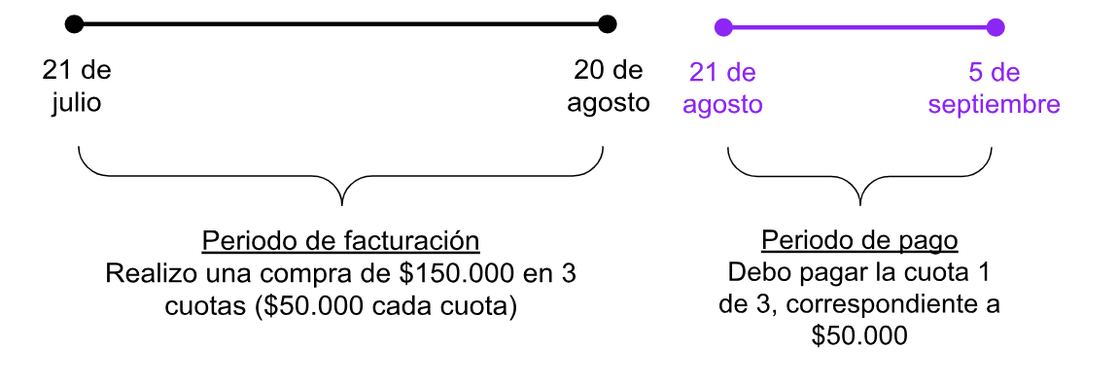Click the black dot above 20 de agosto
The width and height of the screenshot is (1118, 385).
(x=608, y=23)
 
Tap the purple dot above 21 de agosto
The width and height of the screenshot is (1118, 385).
(x=722, y=27)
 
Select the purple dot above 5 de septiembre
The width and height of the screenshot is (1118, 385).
(x=995, y=27)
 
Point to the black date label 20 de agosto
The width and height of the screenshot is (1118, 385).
(x=609, y=87)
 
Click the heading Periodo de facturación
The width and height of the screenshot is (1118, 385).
(x=340, y=241)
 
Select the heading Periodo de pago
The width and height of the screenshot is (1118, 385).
(x=859, y=240)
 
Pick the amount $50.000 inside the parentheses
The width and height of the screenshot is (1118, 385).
(x=308, y=306)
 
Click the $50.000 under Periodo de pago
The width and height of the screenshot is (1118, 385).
(x=859, y=336)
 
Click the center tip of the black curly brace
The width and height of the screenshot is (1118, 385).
(x=342, y=203)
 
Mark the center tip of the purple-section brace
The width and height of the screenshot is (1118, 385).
(x=860, y=203)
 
